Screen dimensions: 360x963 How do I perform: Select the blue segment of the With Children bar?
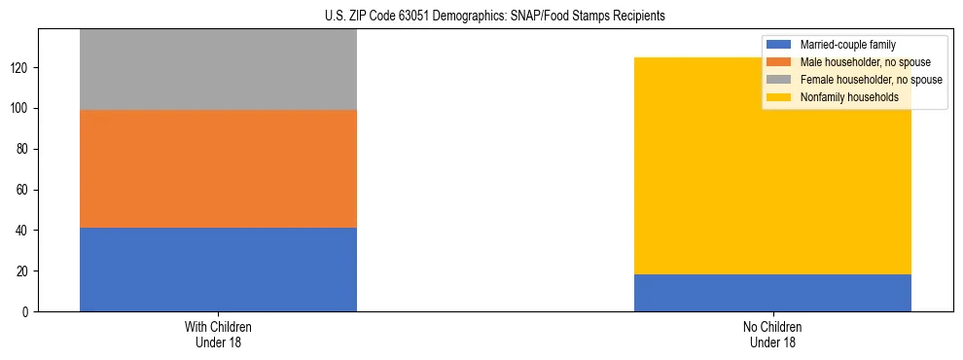(218, 270)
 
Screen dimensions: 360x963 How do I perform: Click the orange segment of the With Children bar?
(218, 168)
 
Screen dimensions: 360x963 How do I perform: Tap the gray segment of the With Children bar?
(218, 69)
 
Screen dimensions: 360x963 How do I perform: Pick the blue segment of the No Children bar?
(772, 293)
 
